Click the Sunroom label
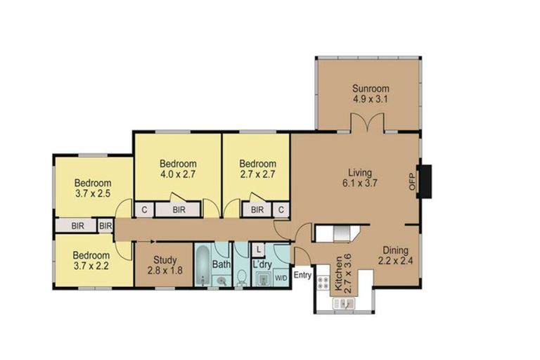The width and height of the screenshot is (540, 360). tap(371, 89)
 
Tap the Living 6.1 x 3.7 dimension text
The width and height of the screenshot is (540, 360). tap(359, 183)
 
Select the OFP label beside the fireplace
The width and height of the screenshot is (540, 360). tap(412, 181)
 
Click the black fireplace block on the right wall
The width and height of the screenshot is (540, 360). tap(424, 181)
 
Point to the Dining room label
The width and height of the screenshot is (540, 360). tap(395, 250)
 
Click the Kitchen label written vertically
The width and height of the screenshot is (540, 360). tap(338, 274)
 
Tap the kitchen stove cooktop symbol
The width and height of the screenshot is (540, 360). tap(323, 282)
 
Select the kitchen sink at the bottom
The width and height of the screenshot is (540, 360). tap(343, 304)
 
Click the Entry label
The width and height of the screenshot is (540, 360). tap(302, 275)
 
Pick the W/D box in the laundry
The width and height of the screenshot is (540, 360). tap(281, 278)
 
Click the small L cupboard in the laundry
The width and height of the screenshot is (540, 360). tap(258, 250)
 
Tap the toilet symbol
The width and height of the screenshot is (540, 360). tap(242, 278)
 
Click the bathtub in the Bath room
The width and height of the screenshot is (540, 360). tap(202, 265)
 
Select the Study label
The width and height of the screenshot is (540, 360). tap(165, 260)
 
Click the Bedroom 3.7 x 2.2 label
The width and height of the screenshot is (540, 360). tap(91, 260)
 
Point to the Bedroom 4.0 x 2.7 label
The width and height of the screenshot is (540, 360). tap(178, 169)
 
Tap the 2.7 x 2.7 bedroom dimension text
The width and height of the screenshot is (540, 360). tap(257, 174)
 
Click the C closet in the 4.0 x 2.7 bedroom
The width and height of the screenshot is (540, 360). tap(145, 210)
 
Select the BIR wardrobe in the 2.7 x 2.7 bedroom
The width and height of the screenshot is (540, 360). tap(257, 210)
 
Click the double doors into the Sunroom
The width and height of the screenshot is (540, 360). tap(368, 122)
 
